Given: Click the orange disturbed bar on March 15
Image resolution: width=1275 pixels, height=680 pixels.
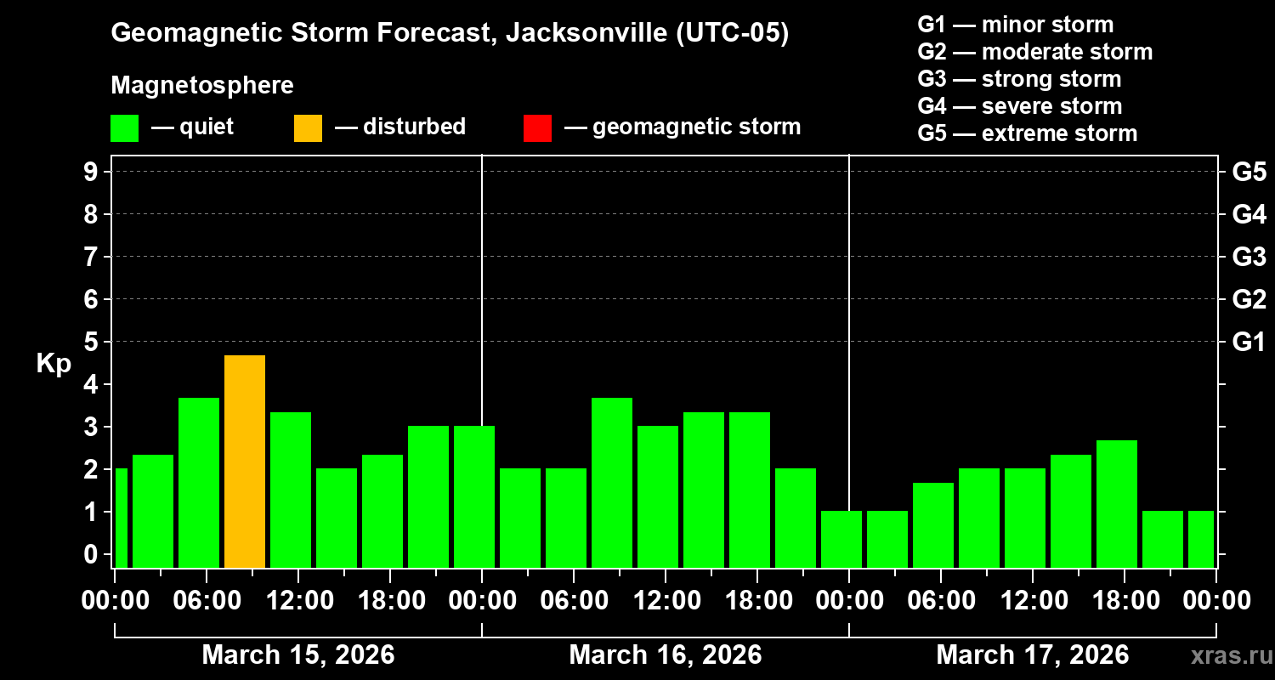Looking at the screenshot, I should click(245, 461).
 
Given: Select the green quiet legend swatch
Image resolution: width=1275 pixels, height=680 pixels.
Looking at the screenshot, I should click(124, 127).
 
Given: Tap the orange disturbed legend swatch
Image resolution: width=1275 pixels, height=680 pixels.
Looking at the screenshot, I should click(308, 127).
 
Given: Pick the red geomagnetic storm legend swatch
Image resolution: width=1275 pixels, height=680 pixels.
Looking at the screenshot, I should click(537, 127).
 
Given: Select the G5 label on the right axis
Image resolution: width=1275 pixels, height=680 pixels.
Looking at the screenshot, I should click(1249, 172).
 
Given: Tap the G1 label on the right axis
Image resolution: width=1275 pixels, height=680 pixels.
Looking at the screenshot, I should click(1249, 342).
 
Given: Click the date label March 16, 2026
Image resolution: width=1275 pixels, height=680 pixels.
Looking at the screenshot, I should click(665, 655).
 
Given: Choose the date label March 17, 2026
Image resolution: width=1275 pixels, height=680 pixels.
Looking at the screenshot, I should click(1032, 655).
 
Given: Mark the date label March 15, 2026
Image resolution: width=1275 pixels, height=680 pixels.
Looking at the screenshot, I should click(297, 655).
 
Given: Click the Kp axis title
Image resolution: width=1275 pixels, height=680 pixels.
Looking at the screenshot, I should click(53, 364).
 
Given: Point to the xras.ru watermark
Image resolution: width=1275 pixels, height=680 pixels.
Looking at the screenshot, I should click(1227, 656).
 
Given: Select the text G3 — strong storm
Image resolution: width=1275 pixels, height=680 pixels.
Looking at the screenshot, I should click(1019, 79).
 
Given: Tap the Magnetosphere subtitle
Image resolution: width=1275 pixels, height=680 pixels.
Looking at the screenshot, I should click(202, 86).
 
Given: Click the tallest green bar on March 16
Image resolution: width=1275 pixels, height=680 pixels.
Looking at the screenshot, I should click(612, 482).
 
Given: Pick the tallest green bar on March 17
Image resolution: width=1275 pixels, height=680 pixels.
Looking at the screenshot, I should click(1117, 503).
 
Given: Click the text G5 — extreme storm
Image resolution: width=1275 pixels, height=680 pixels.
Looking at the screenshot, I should click(1027, 133).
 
